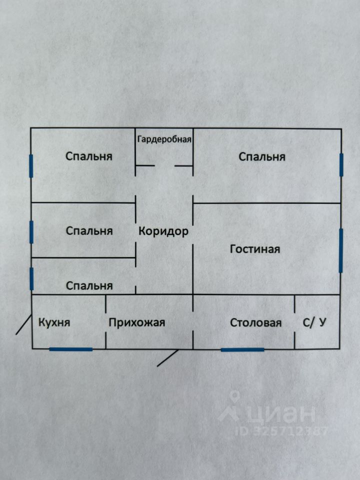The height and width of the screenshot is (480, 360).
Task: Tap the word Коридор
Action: coord(163,231)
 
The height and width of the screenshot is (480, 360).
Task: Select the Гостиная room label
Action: coord(255,248)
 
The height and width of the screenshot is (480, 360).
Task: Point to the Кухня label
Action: coord(54,322)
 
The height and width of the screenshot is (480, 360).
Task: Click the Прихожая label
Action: coord(137,322)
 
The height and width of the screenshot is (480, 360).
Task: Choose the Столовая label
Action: coord(255,322)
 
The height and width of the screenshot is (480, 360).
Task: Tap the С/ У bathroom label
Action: coord(314,322)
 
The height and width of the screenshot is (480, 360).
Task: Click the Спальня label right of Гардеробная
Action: coord(262,156)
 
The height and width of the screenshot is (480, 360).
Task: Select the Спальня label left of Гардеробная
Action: coord(89,156)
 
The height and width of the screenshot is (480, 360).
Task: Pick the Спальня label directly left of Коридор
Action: coord(89,231)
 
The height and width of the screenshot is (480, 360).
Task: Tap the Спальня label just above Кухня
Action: coord(89,285)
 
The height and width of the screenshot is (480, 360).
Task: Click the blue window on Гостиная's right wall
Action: coord(340,250)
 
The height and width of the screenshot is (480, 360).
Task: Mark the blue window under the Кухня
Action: coord(71,349)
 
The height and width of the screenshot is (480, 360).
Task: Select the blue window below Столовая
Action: coord(242,349)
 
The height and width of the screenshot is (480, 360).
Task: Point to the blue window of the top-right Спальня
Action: coord(341,165)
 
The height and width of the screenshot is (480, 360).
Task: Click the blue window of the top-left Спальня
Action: coord(31,166)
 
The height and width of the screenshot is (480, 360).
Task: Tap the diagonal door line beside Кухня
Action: coord(23,325)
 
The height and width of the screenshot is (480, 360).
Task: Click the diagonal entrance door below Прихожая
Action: coord(167,358)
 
